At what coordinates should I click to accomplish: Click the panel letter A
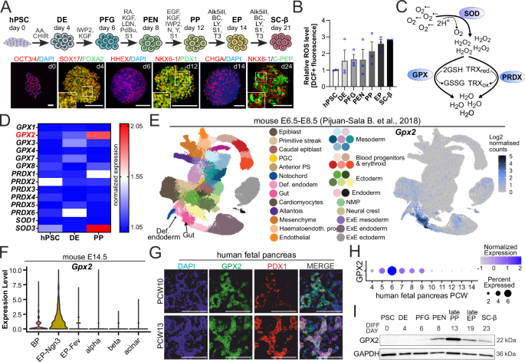6,7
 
